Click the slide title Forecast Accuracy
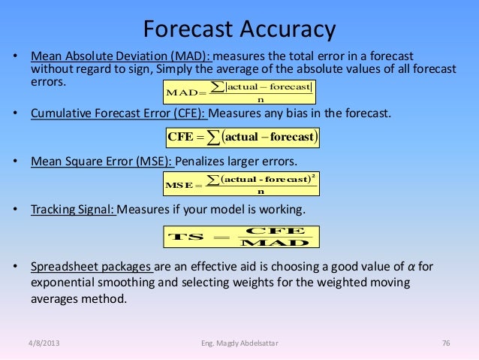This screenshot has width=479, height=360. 239,30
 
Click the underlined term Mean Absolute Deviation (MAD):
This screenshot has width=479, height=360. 122,57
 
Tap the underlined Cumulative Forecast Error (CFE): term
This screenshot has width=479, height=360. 118,113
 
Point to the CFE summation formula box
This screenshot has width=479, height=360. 244,138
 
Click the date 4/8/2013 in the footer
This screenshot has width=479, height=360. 41,344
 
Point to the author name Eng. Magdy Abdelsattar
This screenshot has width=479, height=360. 239,344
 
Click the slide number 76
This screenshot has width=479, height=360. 445,344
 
